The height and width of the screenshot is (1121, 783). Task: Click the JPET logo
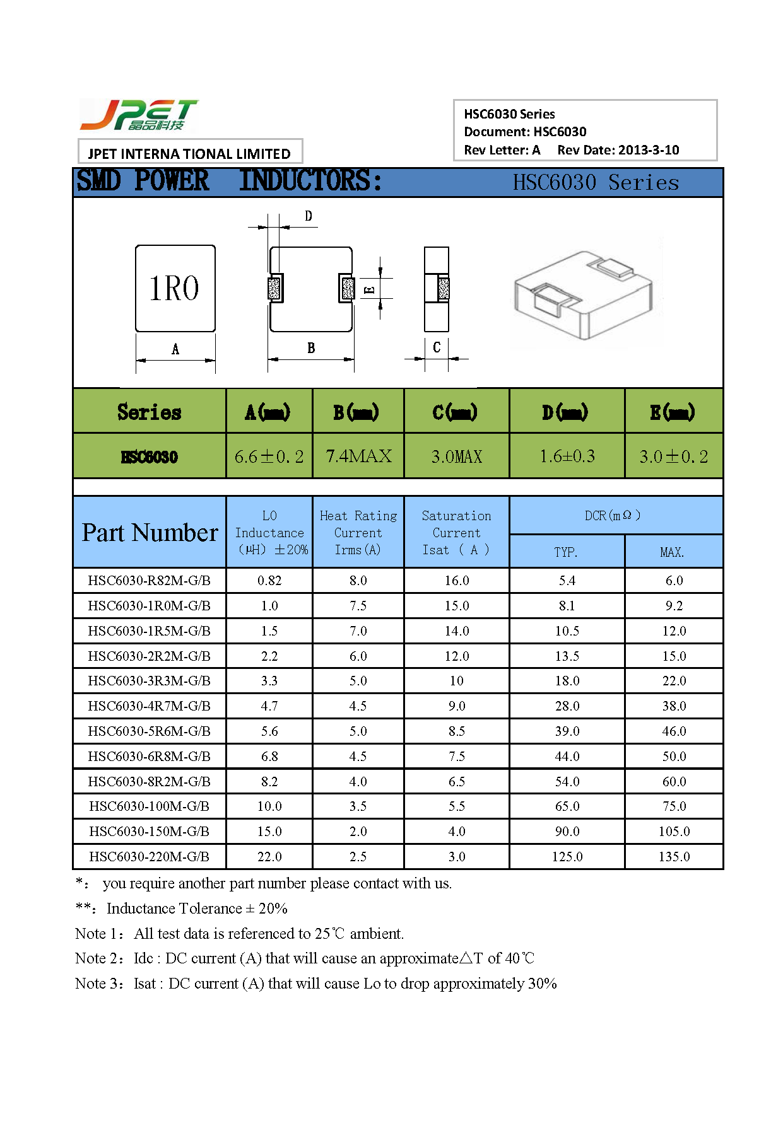coord(139,115)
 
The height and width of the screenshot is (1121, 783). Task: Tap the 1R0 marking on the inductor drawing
coord(175,288)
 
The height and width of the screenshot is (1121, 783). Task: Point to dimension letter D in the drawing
coord(309,216)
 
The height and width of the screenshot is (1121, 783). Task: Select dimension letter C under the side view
coord(437,347)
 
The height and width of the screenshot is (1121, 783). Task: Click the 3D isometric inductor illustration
coord(584,293)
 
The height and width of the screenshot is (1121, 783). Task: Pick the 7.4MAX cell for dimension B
coord(358,456)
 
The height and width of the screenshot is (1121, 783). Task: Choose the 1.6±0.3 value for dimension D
coord(567,456)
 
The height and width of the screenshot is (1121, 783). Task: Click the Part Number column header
coord(150,533)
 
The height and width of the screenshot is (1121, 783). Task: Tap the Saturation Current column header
coord(456,533)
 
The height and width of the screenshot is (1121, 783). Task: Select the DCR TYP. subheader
coord(566,552)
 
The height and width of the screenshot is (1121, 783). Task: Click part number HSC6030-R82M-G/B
coord(150,581)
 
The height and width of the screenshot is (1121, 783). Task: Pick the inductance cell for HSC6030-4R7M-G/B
coord(269,706)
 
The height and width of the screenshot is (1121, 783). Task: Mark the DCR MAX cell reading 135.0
coord(674,857)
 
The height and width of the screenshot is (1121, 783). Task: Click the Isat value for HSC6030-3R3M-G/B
coord(456,681)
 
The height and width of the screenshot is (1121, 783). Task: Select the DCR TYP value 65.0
coord(567,806)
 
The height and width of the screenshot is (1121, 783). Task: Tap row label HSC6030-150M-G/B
coord(150,832)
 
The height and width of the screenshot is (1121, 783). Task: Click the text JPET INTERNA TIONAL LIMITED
coord(189,154)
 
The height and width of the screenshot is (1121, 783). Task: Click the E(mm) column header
coord(673,412)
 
